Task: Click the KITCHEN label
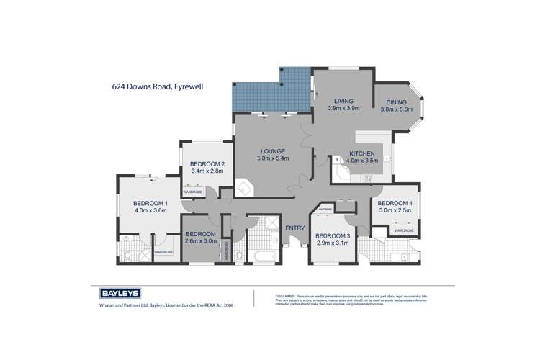tap(362, 154)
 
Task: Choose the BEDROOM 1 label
tap(150, 202)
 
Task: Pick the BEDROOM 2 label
tap(208, 164)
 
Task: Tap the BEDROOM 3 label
tap(333, 236)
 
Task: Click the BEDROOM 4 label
tap(395, 203)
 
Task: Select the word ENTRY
tap(294, 228)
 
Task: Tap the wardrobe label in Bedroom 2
tap(192, 192)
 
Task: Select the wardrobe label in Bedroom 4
tap(403, 230)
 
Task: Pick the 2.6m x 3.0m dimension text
tap(200, 241)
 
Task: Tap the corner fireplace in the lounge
tap(246, 189)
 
